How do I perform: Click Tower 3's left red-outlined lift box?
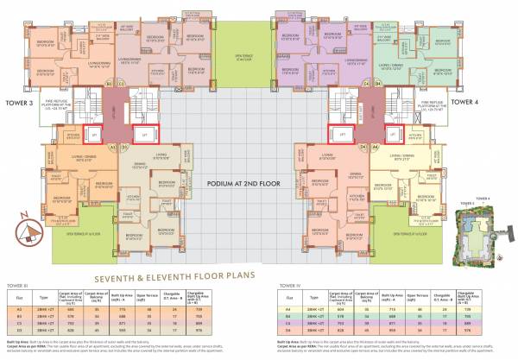coord(98,135)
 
